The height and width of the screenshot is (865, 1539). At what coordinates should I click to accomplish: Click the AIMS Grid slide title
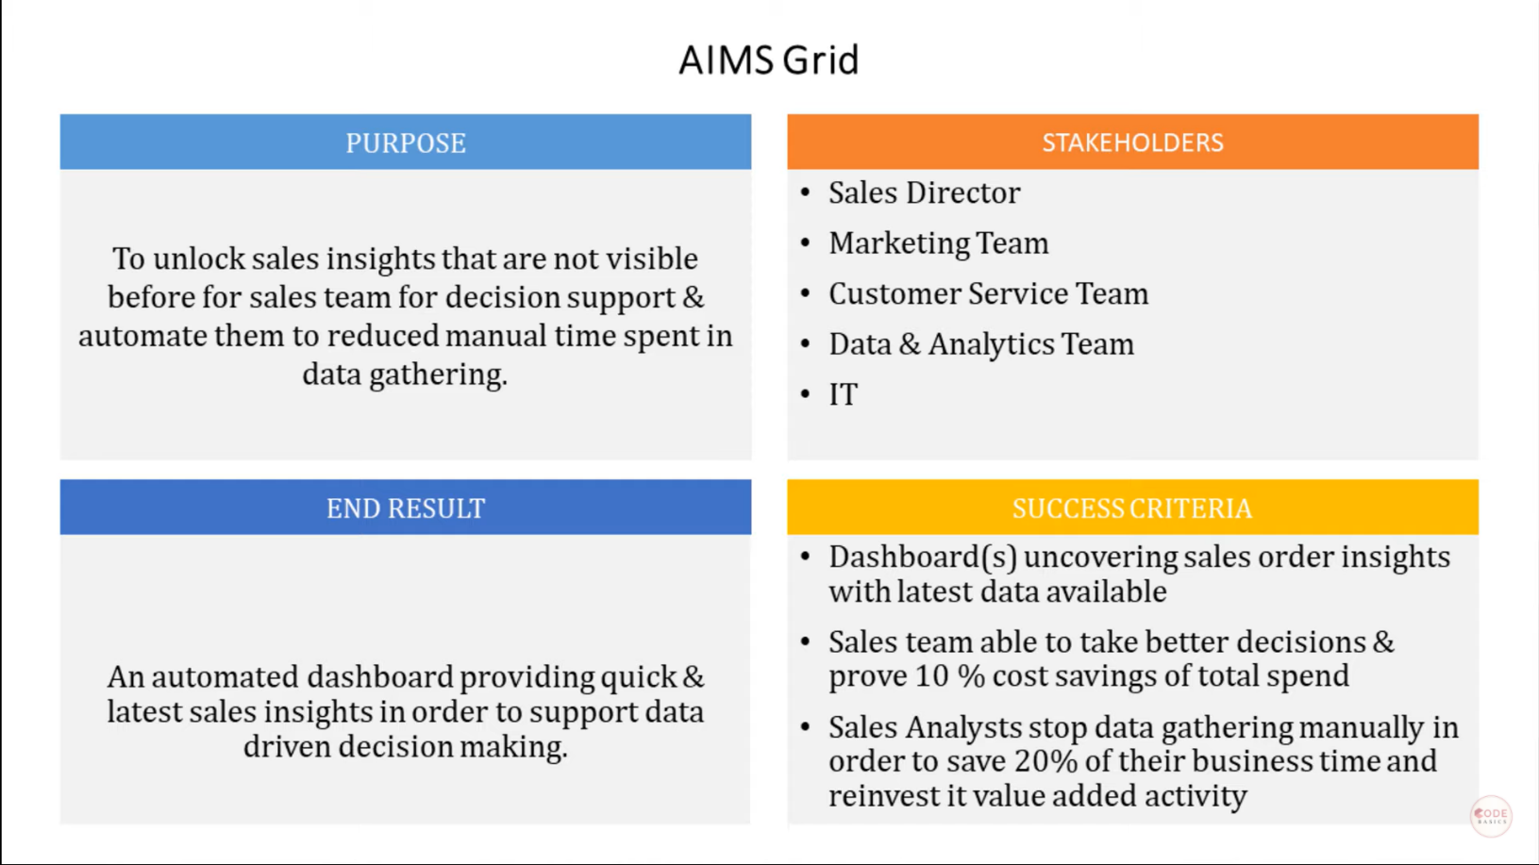(768, 60)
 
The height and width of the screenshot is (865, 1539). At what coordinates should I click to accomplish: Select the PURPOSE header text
(406, 143)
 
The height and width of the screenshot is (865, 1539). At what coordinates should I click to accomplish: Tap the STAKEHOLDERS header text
(1132, 143)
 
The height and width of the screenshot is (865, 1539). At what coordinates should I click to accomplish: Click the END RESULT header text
(406, 508)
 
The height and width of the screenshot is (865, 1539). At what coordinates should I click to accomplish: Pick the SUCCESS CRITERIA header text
(1132, 508)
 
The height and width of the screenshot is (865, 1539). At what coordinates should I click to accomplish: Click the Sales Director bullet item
(924, 193)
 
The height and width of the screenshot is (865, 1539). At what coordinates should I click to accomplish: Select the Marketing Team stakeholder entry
(938, 243)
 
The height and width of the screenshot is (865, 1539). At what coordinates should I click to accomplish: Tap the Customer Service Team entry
(988, 294)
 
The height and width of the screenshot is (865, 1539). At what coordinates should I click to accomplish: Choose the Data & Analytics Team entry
(980, 344)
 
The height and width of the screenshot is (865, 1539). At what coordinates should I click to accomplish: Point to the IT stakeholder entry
(843, 394)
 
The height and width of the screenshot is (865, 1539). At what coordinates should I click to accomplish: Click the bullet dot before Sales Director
(805, 192)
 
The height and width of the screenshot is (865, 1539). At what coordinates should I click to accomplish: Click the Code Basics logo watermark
(1491, 816)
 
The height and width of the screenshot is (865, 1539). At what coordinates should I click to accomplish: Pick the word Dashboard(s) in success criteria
(922, 557)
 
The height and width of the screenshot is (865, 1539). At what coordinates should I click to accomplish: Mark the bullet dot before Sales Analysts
(805, 727)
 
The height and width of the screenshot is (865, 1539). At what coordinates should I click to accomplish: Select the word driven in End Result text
(287, 747)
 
